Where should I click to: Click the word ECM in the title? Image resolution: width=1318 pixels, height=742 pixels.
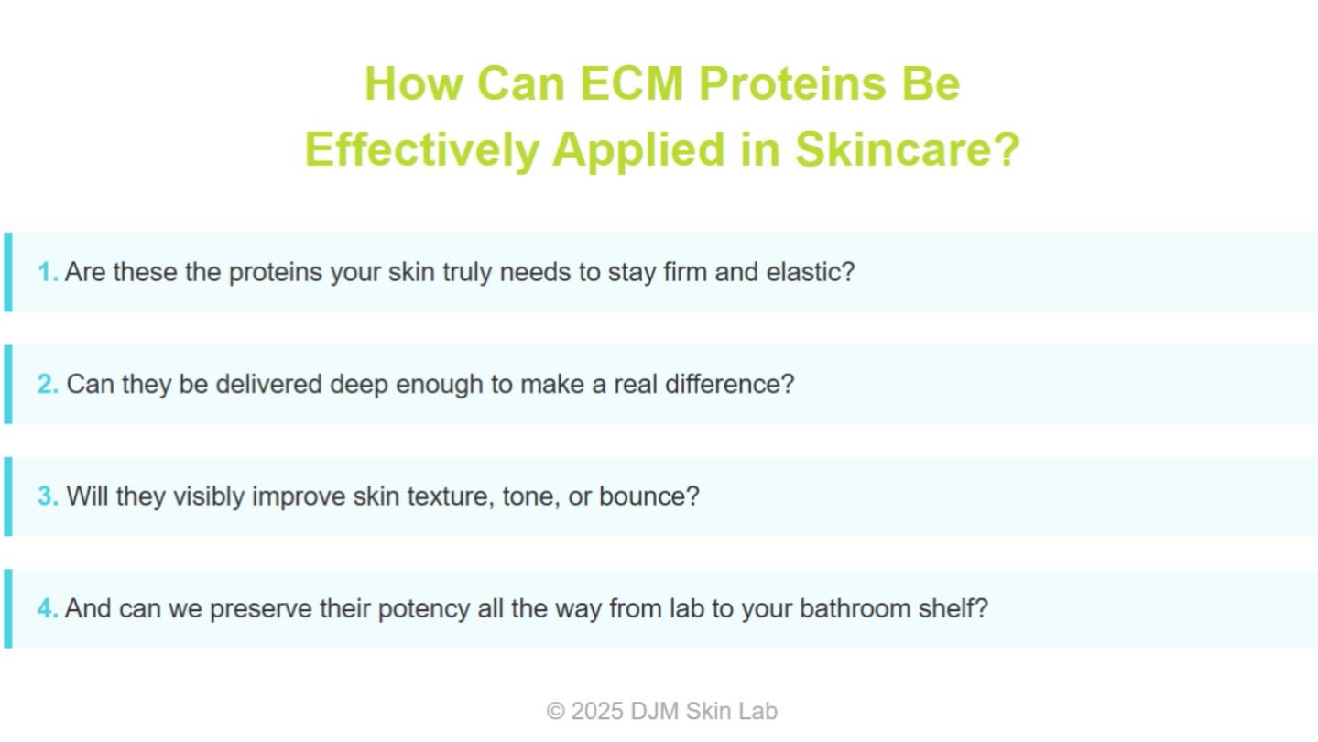coord(631,83)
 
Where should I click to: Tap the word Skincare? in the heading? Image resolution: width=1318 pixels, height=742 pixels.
coord(908,149)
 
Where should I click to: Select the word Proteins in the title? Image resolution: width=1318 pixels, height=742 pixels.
coord(792,83)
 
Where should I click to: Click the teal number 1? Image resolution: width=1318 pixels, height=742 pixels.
coord(47,272)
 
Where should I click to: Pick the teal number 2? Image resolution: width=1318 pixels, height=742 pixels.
coord(48,384)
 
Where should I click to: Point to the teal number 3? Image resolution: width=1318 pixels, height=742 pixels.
coord(48,496)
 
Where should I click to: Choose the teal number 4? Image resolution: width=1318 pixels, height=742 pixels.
coord(48,608)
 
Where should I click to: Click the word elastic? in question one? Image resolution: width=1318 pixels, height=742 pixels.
coord(811,272)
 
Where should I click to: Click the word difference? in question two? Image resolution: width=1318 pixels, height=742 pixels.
coord(730,384)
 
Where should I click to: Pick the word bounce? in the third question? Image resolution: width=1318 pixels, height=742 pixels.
coord(649,496)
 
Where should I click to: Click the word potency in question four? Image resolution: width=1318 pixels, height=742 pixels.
coord(424,609)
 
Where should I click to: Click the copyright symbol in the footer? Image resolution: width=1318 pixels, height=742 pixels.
coord(555,712)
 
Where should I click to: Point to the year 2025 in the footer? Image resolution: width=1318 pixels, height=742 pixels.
coord(597,712)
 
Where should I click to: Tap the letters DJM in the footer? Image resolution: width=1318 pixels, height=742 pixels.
coord(654,712)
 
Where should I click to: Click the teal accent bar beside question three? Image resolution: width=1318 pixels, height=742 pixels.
coord(8,496)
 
